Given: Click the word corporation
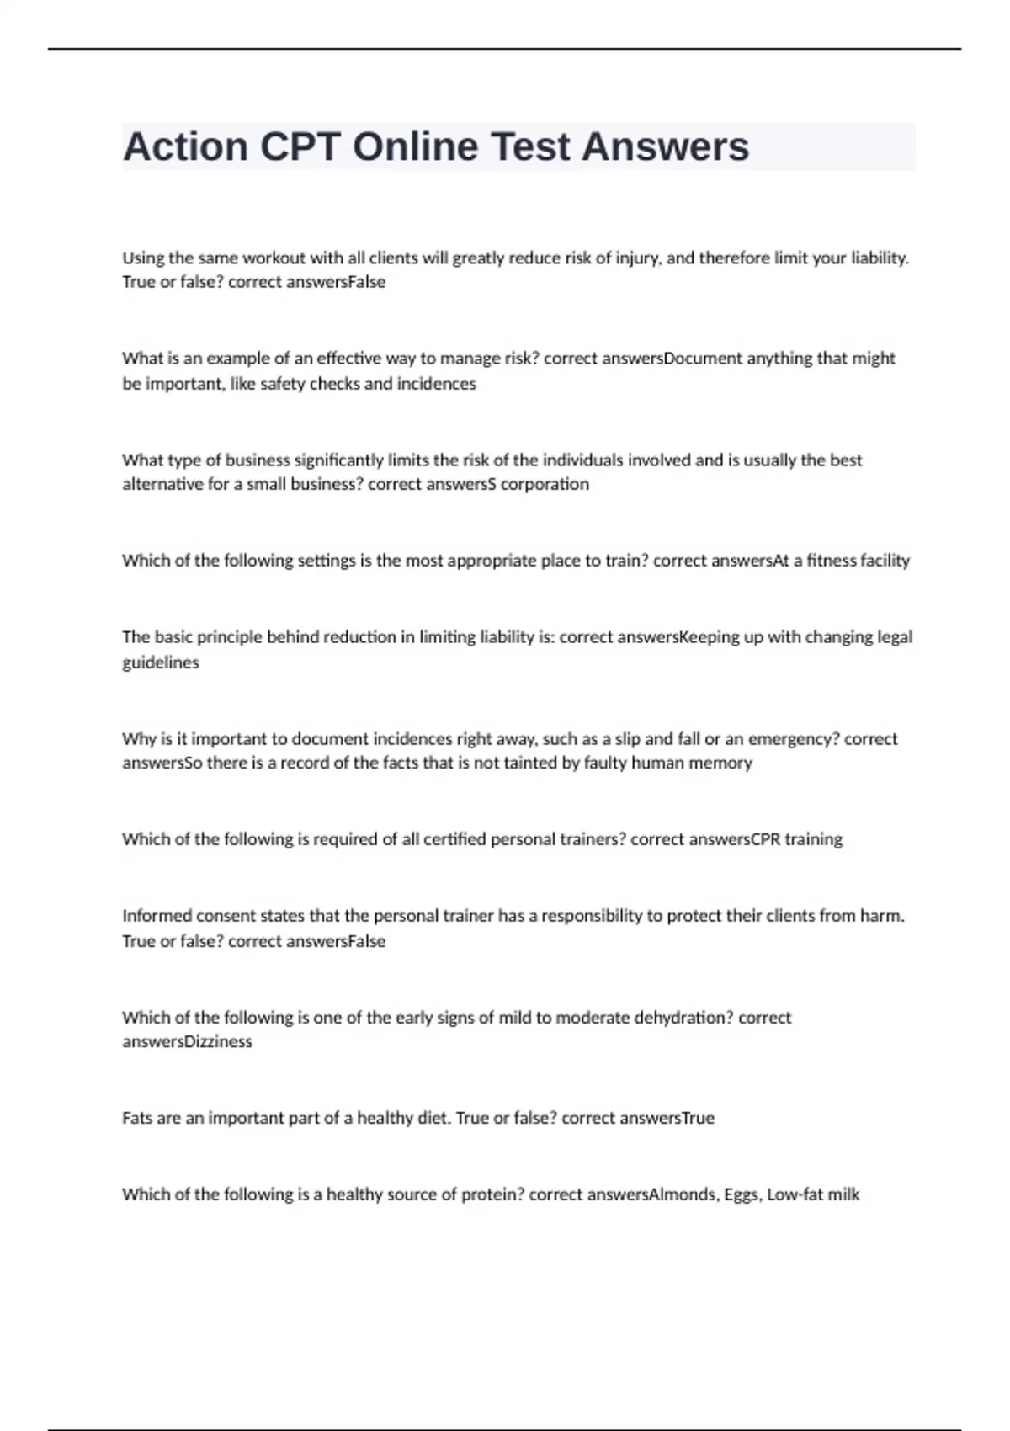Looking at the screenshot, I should tap(545, 484).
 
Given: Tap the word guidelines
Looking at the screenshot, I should tap(161, 662).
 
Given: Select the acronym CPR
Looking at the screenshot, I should tap(765, 839).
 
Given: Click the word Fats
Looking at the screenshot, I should tap(138, 1119).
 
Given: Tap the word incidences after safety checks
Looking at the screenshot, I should tap(436, 384).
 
